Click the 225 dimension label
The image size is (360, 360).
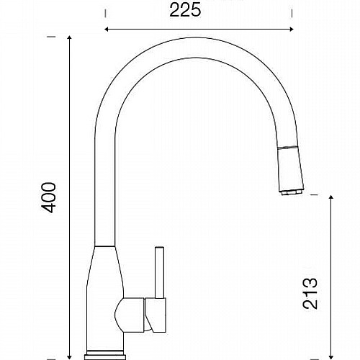(x=185, y=10)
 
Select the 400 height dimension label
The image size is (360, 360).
(x=49, y=197)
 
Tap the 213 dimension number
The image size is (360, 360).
(x=310, y=293)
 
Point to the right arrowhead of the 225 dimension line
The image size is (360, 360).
(x=291, y=30)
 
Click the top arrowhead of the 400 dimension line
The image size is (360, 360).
(x=69, y=38)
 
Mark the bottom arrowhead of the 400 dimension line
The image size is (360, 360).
(x=69, y=357)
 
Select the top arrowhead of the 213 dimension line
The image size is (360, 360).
(x=331, y=198)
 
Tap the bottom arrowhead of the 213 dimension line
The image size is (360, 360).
(x=331, y=357)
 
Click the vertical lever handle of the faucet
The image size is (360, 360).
(x=159, y=272)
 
